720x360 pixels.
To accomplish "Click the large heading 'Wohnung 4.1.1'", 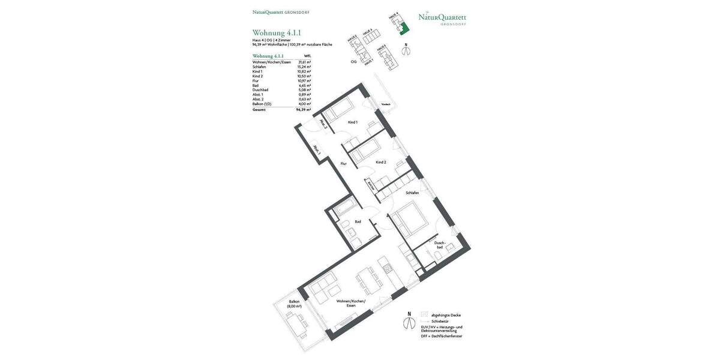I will pyautogui.click(x=277, y=33).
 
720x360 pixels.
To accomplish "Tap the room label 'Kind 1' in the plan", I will pyautogui.click(x=352, y=122).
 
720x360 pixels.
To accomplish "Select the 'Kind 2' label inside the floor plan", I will pyautogui.click(x=380, y=163).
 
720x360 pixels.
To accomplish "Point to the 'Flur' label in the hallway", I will pyautogui.click(x=343, y=164).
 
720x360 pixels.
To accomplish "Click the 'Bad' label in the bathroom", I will pyautogui.click(x=358, y=222).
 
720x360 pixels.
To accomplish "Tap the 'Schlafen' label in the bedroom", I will pyautogui.click(x=412, y=193).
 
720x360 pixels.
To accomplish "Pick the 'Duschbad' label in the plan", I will pyautogui.click(x=439, y=245).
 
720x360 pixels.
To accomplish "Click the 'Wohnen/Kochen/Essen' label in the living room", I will pyautogui.click(x=350, y=303).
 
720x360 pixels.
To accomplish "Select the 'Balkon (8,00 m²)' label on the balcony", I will pyautogui.click(x=294, y=304).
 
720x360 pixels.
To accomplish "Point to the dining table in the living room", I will pyautogui.click(x=368, y=279).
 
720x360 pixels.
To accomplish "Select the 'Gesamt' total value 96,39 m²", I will pyautogui.click(x=303, y=110).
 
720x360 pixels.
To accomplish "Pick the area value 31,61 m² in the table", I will pyautogui.click(x=304, y=62).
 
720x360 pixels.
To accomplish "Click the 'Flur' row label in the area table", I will pyautogui.click(x=256, y=81).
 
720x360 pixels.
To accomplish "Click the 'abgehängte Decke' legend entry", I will pyautogui.click(x=445, y=315).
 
